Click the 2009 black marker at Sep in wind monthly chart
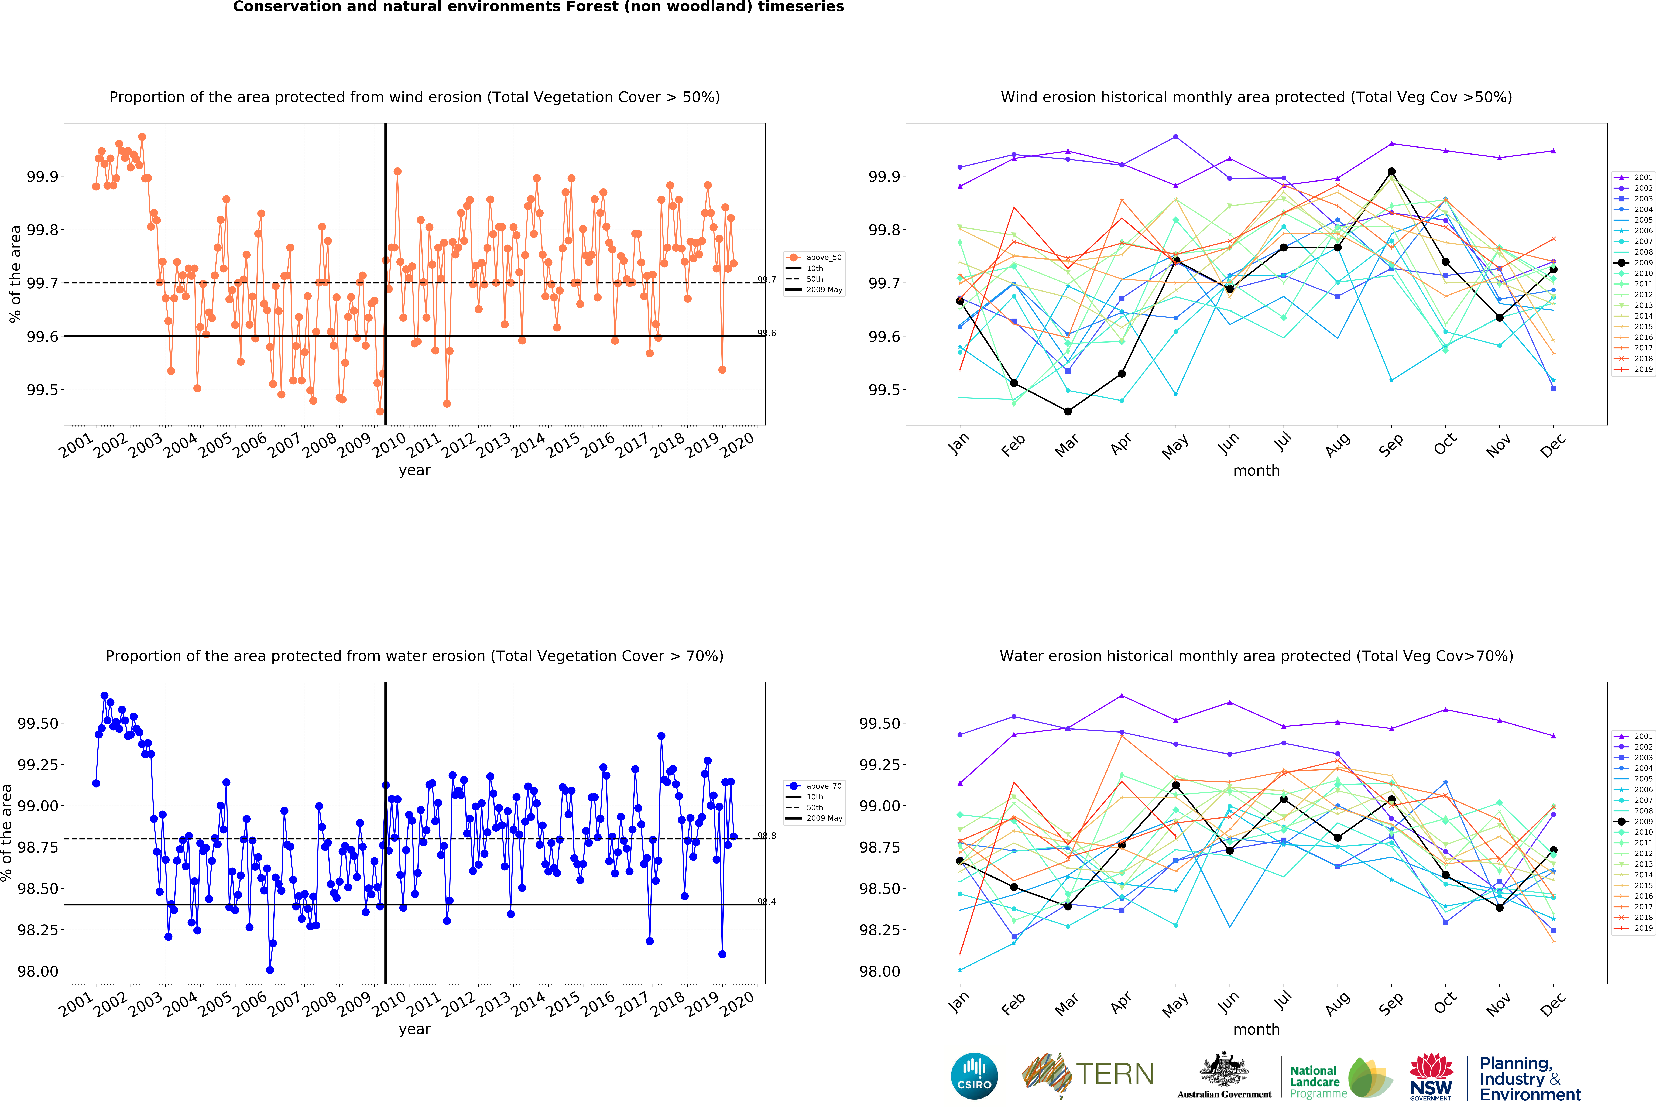click(1392, 172)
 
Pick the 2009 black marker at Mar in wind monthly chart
click(1067, 411)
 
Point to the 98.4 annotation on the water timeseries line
click(767, 902)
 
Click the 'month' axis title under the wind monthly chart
click(1256, 470)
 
